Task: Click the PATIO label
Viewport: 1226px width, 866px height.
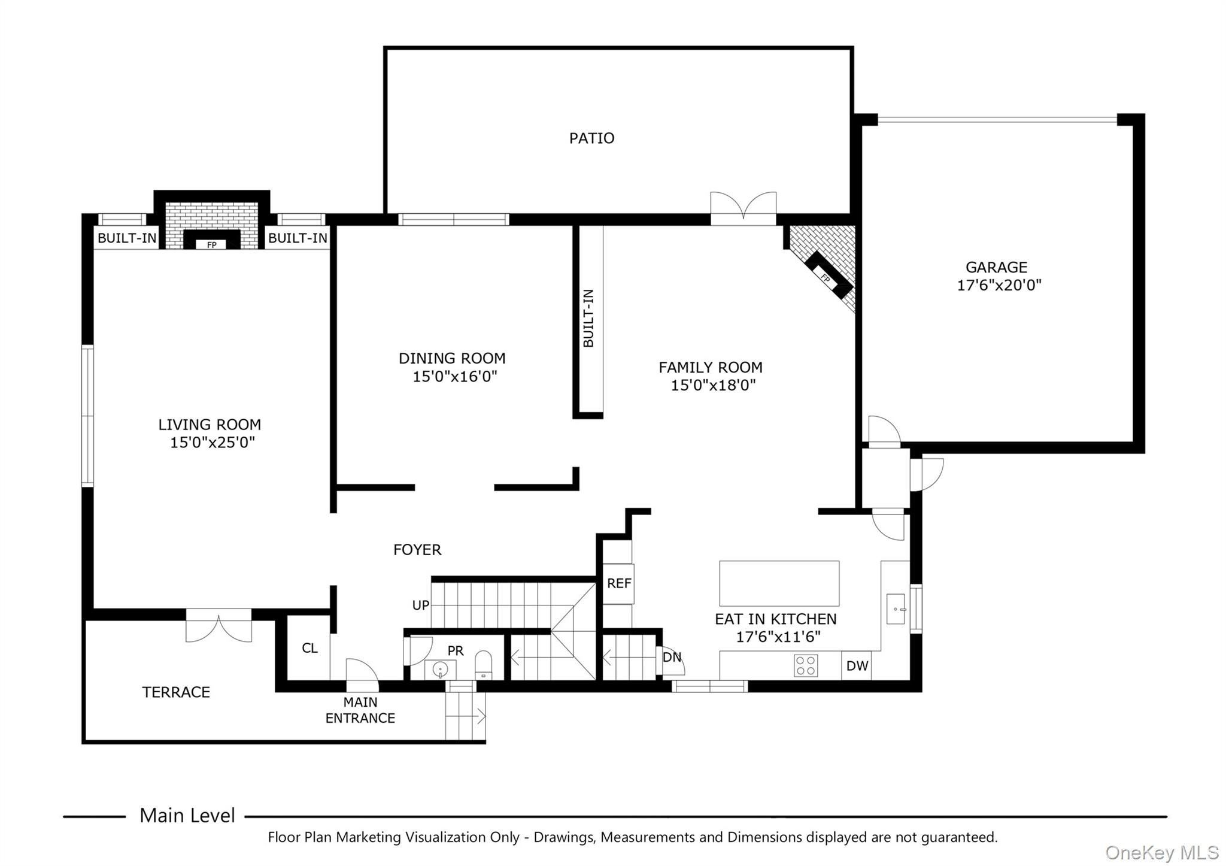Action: [591, 138]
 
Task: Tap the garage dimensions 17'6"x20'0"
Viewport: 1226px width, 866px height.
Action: [999, 285]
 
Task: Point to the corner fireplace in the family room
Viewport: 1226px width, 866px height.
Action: [829, 276]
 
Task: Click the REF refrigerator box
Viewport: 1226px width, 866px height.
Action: [618, 583]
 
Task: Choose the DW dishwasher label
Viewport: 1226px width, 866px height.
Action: [857, 666]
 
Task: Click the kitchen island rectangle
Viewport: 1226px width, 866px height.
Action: [779, 583]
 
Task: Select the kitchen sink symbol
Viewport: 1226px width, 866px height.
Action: [896, 608]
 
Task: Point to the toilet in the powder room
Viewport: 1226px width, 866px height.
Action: [483, 665]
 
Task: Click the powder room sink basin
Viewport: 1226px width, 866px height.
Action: [440, 669]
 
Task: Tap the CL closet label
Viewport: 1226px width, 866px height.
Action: [309, 648]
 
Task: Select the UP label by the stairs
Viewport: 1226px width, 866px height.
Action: [421, 605]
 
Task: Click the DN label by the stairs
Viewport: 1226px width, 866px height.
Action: [672, 657]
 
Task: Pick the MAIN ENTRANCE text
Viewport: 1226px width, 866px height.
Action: [360, 710]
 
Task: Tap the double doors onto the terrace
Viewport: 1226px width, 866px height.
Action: [219, 625]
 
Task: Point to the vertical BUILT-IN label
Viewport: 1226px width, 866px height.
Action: [588, 318]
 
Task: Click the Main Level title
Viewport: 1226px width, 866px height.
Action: [187, 816]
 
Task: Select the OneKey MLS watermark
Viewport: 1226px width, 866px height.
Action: [1161, 852]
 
